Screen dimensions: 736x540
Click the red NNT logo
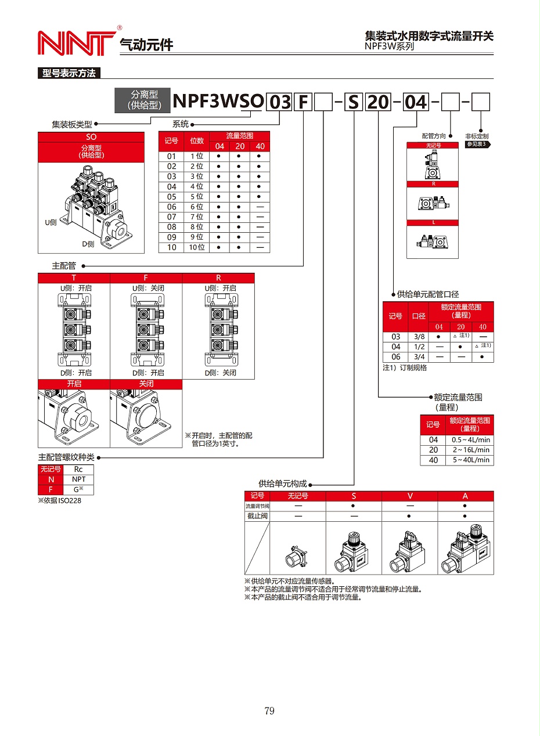pos(75,42)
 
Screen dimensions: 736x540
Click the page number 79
pos(269,710)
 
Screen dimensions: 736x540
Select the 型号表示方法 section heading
pos(69,73)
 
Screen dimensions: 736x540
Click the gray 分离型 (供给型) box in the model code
pos(142,100)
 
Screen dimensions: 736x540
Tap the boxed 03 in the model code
pos(280,102)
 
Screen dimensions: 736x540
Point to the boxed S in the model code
pos(354,102)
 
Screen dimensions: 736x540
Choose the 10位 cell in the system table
pos(197,247)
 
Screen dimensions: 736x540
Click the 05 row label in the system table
pos(171,197)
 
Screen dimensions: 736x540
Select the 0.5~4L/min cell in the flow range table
pos(470,440)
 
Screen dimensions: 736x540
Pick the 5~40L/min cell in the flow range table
pos(470,460)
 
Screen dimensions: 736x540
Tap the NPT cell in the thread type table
pos(78,479)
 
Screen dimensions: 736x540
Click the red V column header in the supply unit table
pos(410,496)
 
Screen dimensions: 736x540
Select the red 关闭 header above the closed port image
pos(146,384)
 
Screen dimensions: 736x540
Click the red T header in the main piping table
pos(74,278)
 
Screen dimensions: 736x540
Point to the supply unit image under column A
pos(465,549)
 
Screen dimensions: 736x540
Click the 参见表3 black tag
pos(478,144)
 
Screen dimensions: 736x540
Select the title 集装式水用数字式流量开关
pos(429,36)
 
